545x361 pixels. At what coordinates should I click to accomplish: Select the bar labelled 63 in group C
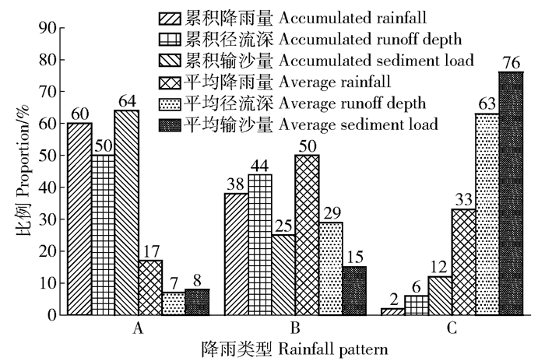point(487,214)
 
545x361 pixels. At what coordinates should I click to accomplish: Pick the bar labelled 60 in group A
point(79,219)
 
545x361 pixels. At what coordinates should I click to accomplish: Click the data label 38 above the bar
point(235,184)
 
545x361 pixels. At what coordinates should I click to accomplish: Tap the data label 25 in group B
point(283,225)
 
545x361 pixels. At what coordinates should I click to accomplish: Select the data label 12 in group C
point(439,266)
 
